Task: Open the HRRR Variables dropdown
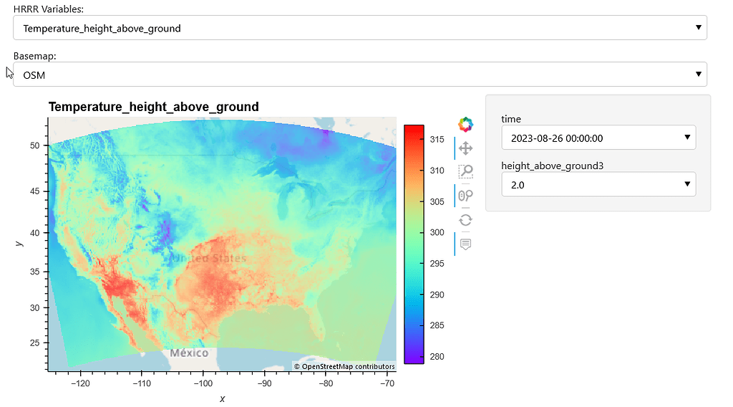click(x=359, y=28)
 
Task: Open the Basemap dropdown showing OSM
click(x=359, y=75)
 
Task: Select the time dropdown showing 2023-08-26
click(x=598, y=138)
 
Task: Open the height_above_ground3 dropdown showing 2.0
click(x=598, y=184)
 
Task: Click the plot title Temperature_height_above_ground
click(x=153, y=107)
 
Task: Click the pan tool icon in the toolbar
click(x=465, y=148)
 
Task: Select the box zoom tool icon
click(x=465, y=171)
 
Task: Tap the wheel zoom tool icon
click(x=465, y=196)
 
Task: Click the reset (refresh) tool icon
click(x=465, y=220)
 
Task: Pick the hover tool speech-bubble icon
click(x=465, y=244)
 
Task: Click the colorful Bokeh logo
click(x=465, y=125)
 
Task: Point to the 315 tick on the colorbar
click(x=437, y=140)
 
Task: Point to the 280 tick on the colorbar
click(x=437, y=357)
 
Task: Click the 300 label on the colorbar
click(x=437, y=233)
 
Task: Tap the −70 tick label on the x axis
click(x=387, y=383)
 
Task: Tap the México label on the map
click(x=189, y=353)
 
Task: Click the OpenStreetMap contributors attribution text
click(x=344, y=367)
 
